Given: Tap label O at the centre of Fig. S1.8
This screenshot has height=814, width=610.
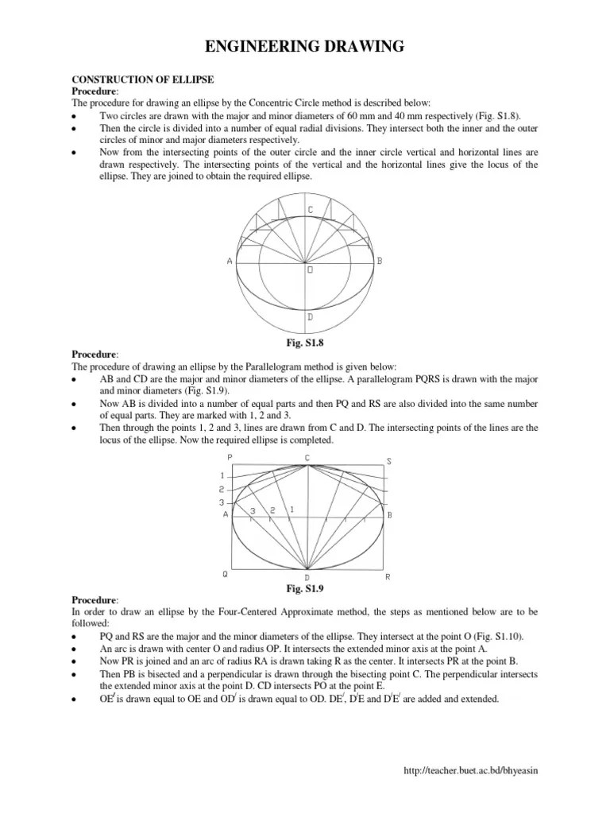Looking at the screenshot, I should (x=309, y=269).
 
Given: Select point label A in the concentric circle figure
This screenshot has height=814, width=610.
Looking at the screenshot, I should (x=229, y=260).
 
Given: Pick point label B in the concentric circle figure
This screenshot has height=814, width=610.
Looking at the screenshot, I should (x=380, y=260).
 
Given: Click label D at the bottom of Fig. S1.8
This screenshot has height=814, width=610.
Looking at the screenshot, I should (x=309, y=317).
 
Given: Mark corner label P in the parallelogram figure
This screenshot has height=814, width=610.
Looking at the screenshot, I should (x=230, y=458).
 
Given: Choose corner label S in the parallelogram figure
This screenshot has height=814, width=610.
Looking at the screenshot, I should (x=388, y=461).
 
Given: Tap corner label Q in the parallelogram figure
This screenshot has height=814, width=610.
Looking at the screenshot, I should (x=226, y=574).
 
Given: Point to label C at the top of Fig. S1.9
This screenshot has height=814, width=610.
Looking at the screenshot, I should (x=307, y=457).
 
